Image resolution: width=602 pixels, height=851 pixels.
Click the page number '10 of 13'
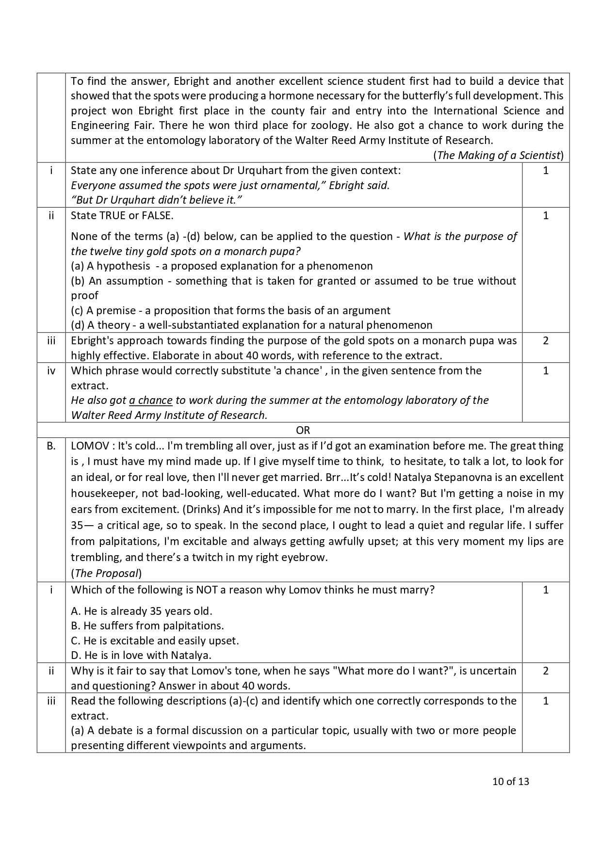[510, 782]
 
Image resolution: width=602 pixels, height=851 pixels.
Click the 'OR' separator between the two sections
[303, 430]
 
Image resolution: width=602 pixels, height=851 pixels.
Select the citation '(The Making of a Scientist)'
[498, 155]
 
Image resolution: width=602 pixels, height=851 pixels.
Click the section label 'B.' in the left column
[51, 446]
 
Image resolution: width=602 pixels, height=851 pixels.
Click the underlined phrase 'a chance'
[150, 401]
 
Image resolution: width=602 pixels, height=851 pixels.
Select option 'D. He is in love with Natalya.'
[141, 655]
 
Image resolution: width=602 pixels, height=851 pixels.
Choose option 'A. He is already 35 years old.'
[142, 611]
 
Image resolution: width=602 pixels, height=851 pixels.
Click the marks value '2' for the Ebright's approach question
[545, 341]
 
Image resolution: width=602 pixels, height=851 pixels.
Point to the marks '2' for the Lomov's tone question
[545, 671]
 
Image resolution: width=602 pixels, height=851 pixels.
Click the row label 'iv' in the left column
[51, 371]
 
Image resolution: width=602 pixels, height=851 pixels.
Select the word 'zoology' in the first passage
[330, 126]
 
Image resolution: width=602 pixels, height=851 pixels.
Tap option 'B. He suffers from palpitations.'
[147, 626]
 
